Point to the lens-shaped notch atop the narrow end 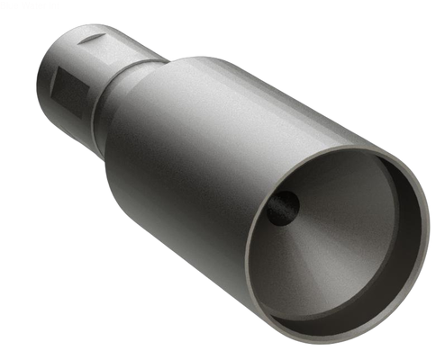tap(88, 40)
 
